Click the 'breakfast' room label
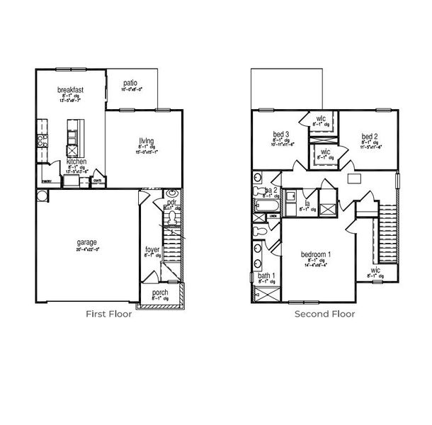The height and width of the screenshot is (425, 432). (x=72, y=90)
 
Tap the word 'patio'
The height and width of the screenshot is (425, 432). (x=129, y=82)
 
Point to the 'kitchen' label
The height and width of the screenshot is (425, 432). (x=77, y=161)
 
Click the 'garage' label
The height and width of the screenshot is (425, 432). (x=87, y=242)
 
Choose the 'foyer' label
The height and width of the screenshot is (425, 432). (x=152, y=249)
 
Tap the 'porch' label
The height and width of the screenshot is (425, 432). (x=160, y=293)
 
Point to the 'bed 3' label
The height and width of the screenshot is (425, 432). (x=281, y=134)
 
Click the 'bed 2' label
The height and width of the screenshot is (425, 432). (x=368, y=136)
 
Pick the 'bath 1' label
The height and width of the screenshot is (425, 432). (x=266, y=276)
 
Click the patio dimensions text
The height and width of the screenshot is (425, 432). (x=132, y=90)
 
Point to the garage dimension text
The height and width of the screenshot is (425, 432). (x=88, y=249)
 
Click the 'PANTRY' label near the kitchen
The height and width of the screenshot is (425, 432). (x=45, y=181)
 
